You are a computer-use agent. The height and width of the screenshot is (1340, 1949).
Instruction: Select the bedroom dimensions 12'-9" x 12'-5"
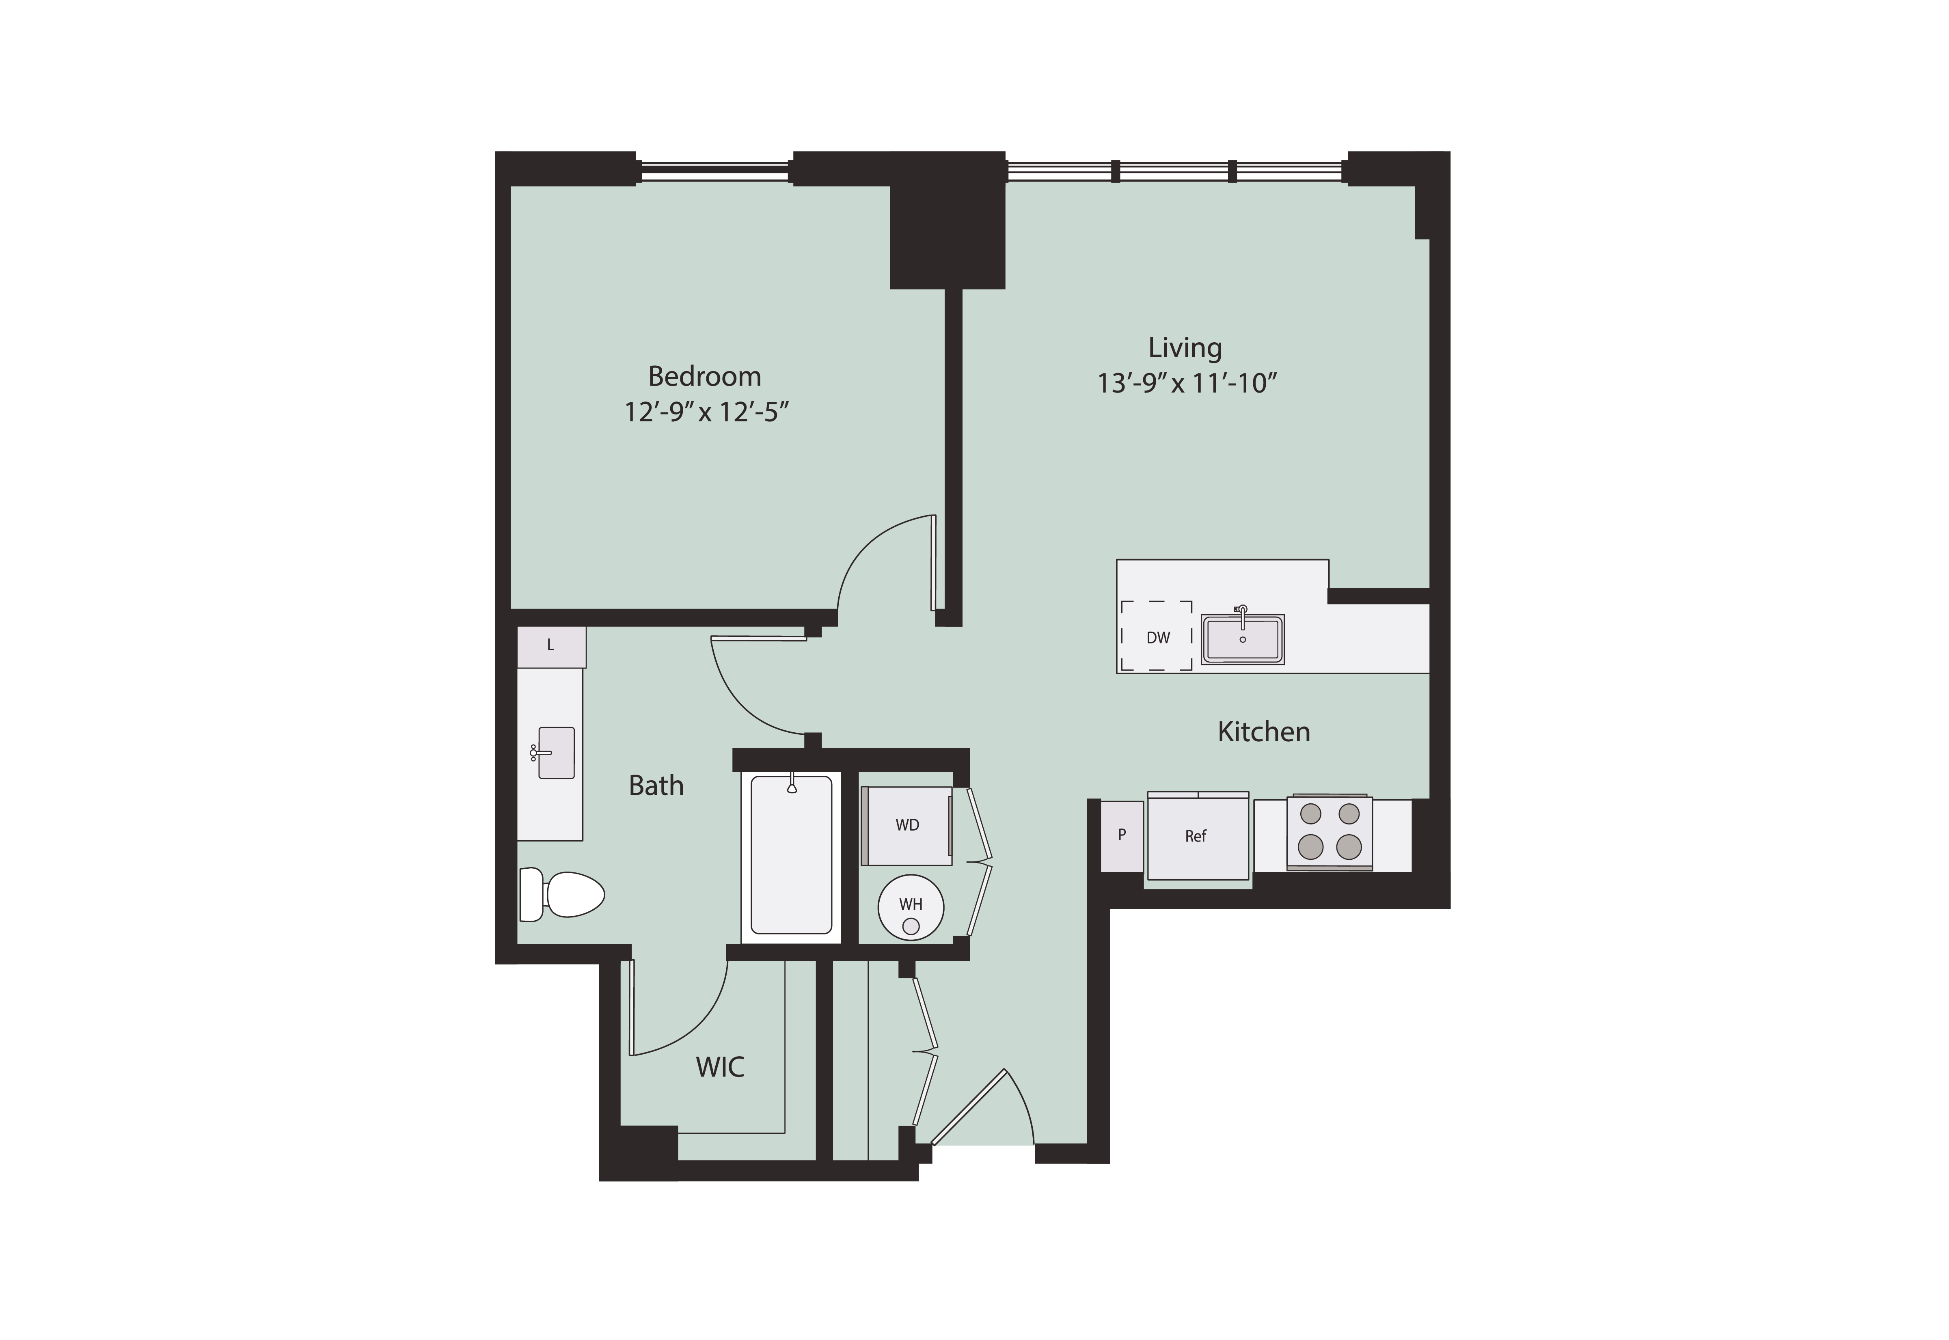pyautogui.click(x=706, y=412)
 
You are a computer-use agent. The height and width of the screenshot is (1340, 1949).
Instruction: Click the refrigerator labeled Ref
pyautogui.click(x=1198, y=836)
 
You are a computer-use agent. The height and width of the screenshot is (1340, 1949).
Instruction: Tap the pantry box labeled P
pyautogui.click(x=1122, y=835)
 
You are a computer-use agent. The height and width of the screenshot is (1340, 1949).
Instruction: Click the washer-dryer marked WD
pyautogui.click(x=907, y=825)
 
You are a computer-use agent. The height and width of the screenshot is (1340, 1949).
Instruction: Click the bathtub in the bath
pyautogui.click(x=791, y=856)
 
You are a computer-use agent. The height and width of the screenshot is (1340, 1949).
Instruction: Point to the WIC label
pyautogui.click(x=720, y=1067)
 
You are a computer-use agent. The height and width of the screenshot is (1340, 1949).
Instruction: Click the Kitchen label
pyautogui.click(x=1264, y=732)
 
